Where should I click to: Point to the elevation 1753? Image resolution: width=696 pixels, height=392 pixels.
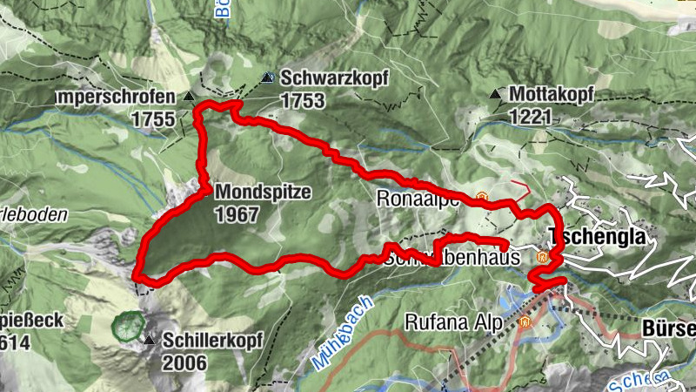[x=303, y=101]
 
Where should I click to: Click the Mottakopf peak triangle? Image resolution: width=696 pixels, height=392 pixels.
[x=496, y=93]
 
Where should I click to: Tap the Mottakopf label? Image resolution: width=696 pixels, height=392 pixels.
[x=552, y=92]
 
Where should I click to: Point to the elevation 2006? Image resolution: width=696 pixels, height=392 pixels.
[x=184, y=362]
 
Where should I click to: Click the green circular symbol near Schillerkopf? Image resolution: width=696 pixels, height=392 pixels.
[x=129, y=327]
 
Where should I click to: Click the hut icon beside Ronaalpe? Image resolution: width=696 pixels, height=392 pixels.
[x=482, y=198]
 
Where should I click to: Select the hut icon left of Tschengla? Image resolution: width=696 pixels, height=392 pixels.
[x=543, y=258]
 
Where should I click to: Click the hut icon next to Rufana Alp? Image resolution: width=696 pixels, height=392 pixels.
[x=525, y=322]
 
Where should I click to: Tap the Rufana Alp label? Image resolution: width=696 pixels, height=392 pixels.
[x=454, y=323]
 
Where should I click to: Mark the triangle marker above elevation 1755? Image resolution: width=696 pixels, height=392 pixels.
[x=189, y=95]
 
